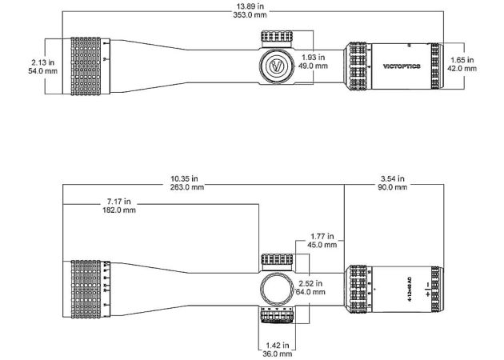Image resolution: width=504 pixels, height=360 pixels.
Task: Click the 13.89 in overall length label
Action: (x=250, y=6)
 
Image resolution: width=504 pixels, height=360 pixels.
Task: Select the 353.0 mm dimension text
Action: (x=250, y=14)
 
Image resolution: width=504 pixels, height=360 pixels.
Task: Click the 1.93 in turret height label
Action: (x=313, y=58)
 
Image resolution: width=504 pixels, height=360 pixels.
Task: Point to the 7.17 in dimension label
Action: (x=118, y=201)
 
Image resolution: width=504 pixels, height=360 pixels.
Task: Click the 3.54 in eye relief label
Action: (x=392, y=178)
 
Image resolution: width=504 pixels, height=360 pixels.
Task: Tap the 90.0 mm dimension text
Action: (x=392, y=187)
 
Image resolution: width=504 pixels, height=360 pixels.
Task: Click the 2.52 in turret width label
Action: (x=309, y=283)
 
